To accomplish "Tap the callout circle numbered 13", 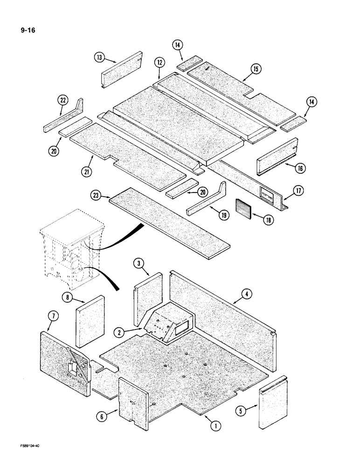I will [x=98, y=57].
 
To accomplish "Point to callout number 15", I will [x=256, y=69].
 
